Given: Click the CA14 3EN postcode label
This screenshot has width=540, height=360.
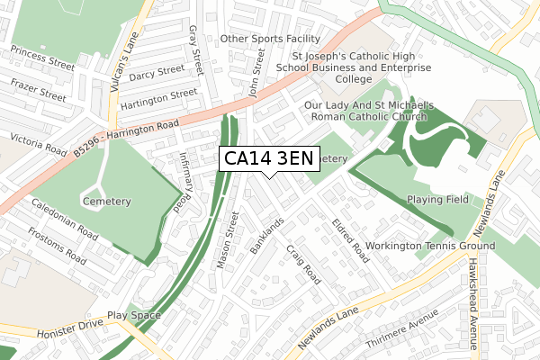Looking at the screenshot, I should [x=268, y=159].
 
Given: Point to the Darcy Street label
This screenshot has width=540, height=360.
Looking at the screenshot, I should [x=157, y=72].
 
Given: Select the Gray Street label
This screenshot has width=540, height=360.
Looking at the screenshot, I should [x=194, y=52].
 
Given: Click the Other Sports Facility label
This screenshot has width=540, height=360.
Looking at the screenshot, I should [x=270, y=40].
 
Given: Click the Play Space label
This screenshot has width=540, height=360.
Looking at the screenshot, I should [x=134, y=316].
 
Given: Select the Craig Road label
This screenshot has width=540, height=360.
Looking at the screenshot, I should [x=303, y=263].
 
